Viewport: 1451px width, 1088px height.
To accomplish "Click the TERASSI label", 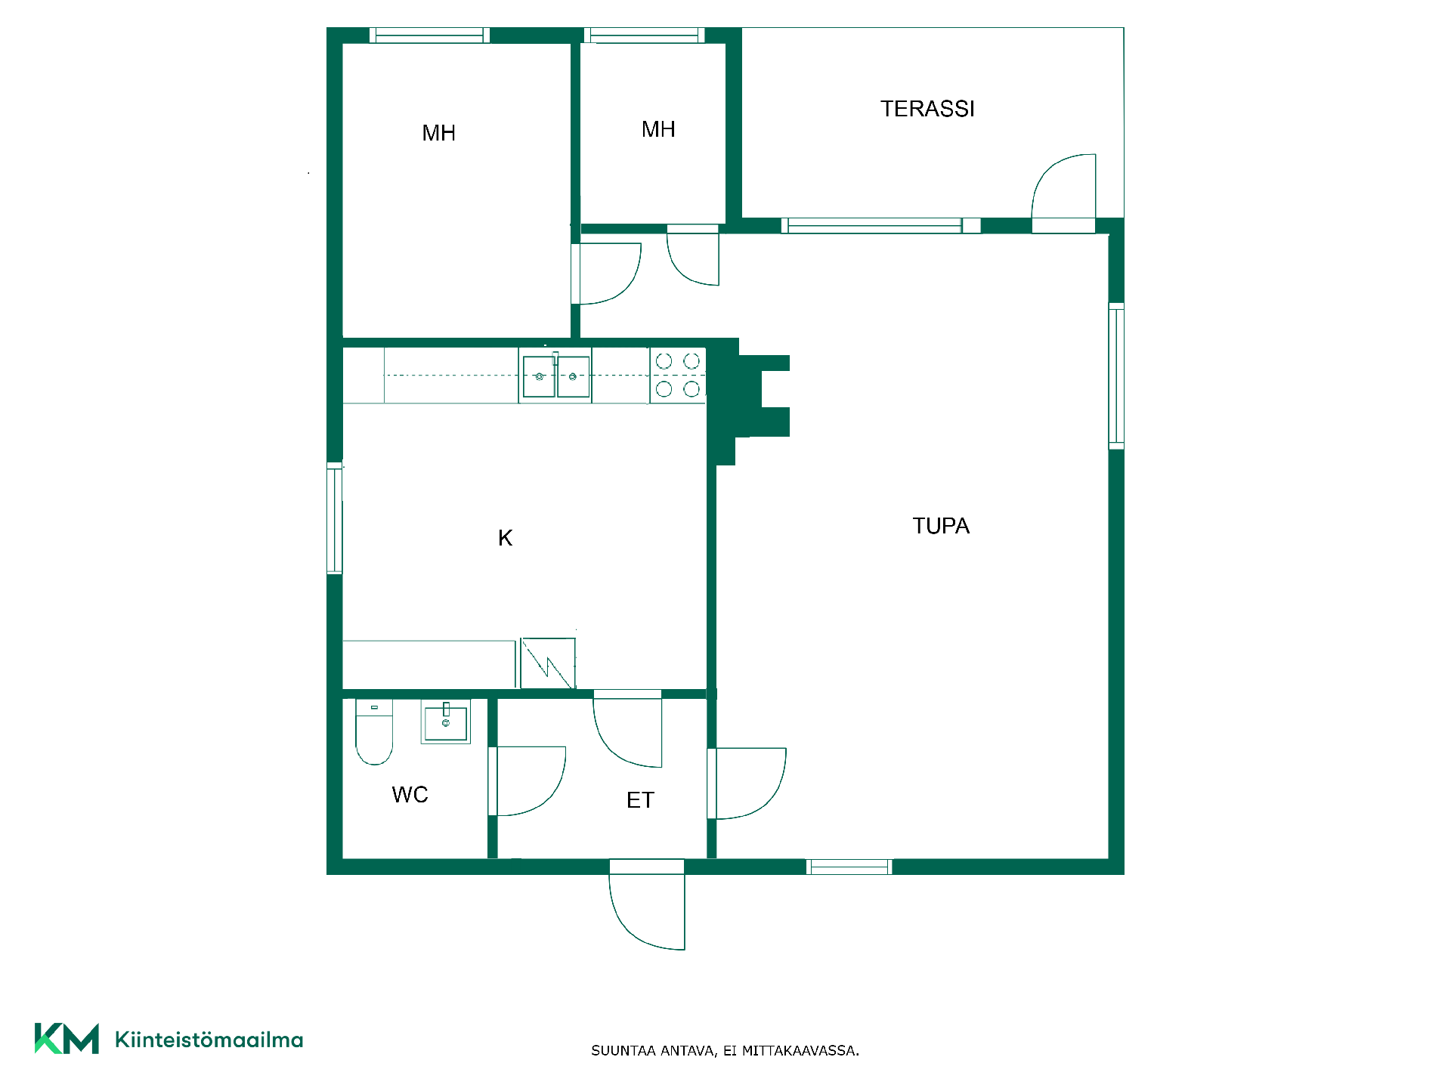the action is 927,109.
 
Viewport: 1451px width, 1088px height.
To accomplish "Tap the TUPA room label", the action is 941,526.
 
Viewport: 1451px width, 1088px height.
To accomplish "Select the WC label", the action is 410,795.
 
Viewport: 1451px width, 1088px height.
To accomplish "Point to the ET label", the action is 640,800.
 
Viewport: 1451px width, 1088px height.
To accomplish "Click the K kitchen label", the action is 506,538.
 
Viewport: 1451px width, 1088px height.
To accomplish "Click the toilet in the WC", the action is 374,732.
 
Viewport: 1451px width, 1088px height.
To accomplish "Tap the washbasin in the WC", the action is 446,722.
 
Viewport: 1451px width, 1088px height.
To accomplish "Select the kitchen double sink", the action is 555,376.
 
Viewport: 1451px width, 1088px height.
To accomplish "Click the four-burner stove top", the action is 678,376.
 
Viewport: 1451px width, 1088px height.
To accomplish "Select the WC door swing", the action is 550,793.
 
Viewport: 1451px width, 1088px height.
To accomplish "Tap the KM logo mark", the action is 67,1038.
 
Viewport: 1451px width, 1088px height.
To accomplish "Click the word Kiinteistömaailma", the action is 209,1040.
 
